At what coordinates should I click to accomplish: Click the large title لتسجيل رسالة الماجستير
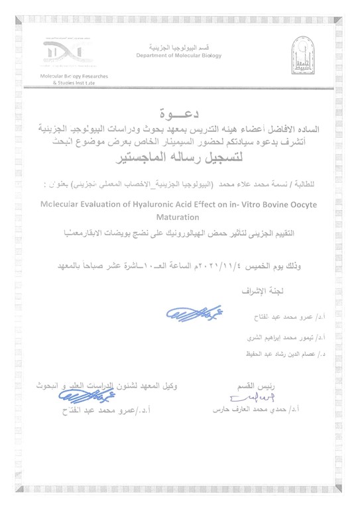coord(182,159)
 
